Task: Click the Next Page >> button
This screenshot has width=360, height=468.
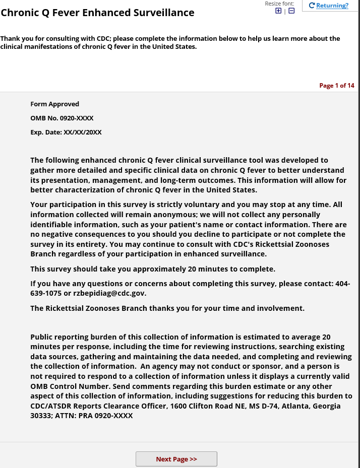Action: point(176,459)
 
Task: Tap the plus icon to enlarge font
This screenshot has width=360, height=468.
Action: point(278,11)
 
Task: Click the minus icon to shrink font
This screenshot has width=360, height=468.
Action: point(291,11)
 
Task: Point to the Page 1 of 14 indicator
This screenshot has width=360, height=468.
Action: point(337,86)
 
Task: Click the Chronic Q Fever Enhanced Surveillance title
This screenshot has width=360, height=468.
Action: point(97,13)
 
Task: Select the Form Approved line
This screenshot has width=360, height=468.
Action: point(54,104)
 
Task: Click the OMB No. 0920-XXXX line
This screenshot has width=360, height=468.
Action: point(62,118)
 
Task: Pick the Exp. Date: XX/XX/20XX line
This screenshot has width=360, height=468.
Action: point(66,132)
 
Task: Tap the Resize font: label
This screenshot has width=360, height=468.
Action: point(279,4)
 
